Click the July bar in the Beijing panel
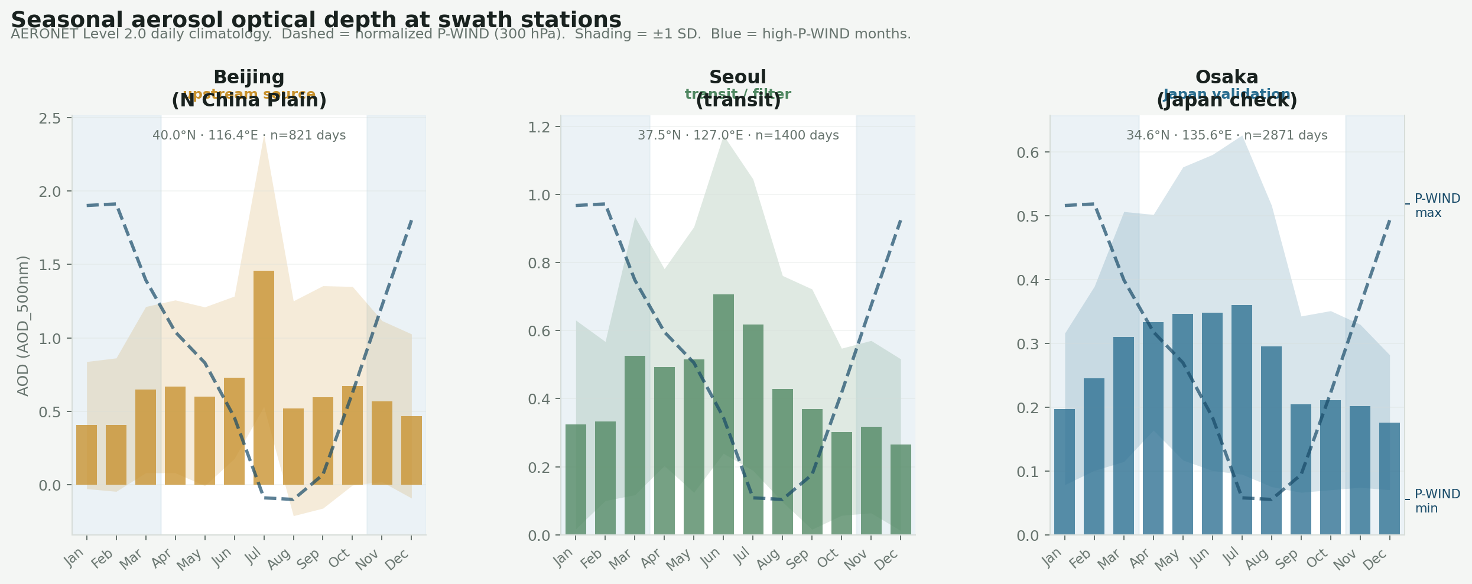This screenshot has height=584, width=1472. pos(264,378)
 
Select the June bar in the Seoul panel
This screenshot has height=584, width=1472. pos(723,414)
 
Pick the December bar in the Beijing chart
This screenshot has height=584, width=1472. pos(411,450)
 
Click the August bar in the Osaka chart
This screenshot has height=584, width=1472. pos(1271,440)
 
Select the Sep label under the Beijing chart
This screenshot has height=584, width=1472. pos(309,559)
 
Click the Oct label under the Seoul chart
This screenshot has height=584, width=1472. pos(827,559)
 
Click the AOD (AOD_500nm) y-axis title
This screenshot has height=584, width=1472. pos(23,326)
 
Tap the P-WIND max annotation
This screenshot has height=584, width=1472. pos(1437,206)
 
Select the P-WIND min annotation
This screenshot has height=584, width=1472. pos(1437,501)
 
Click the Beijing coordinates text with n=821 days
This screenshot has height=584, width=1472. pos(249,135)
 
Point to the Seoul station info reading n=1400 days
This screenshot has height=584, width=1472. pos(737,135)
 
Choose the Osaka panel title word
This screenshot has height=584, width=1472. pos(1226,77)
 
